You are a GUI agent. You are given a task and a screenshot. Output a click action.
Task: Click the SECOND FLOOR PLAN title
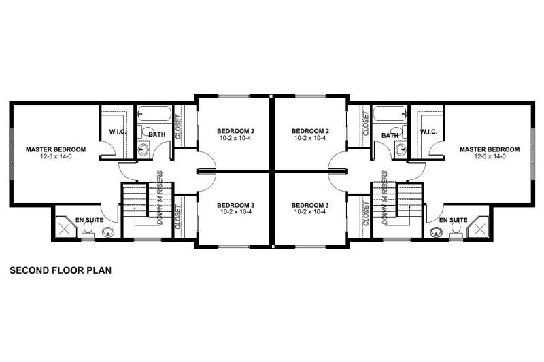[x=61, y=270]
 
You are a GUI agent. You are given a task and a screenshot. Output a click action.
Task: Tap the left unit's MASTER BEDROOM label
[x=56, y=149]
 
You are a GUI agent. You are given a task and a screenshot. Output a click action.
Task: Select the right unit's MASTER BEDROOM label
[x=489, y=149]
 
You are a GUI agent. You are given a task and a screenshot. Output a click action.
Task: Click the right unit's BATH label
[x=390, y=135]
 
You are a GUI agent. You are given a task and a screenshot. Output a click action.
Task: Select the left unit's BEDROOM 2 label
[x=235, y=131]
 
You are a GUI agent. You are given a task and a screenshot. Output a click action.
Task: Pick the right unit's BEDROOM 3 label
[x=310, y=205]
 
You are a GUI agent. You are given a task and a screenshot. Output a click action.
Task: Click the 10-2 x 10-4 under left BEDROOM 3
[x=235, y=212]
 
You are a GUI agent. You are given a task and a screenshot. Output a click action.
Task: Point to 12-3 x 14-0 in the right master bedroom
[x=489, y=156]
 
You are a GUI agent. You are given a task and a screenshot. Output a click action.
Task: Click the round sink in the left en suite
[x=107, y=234]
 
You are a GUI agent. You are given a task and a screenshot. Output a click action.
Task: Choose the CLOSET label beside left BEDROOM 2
[x=178, y=126]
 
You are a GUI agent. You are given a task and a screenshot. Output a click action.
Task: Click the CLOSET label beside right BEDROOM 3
[x=366, y=213]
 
